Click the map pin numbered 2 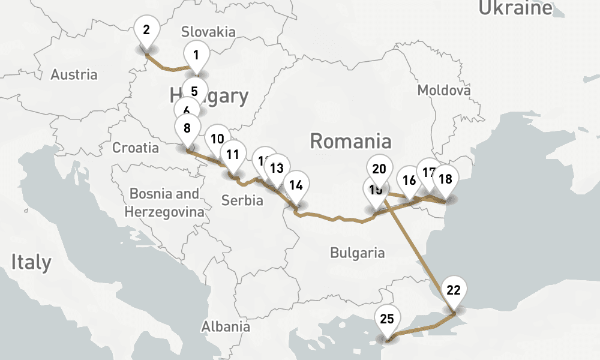pyautogui.click(x=147, y=29)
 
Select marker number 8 pyautogui.click(x=187, y=128)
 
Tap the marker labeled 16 pyautogui.click(x=409, y=181)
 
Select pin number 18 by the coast pyautogui.click(x=445, y=179)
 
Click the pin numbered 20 pyautogui.click(x=379, y=169)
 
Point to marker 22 pyautogui.click(x=454, y=290)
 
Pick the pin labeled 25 pyautogui.click(x=387, y=319)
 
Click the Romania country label pyautogui.click(x=350, y=142)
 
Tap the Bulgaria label pyautogui.click(x=357, y=253)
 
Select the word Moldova pyautogui.click(x=444, y=91)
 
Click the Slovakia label pyautogui.click(x=208, y=32)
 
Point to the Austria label pyautogui.click(x=74, y=75)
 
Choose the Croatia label pyautogui.click(x=136, y=148)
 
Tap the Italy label pyautogui.click(x=31, y=262)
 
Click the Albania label pyautogui.click(x=226, y=326)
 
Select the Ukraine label pyautogui.click(x=515, y=8)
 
